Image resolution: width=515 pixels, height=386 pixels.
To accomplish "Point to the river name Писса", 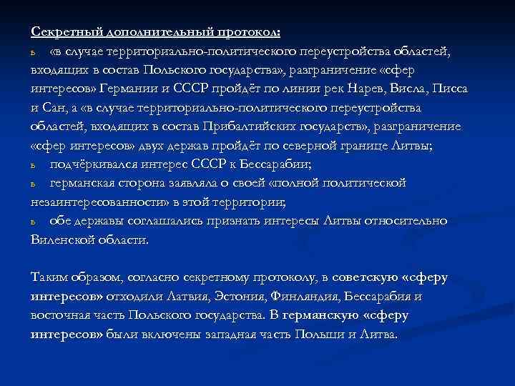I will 450,89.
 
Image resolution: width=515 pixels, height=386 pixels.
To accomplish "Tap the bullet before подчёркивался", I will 34,165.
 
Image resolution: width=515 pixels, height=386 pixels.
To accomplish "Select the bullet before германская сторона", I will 34,184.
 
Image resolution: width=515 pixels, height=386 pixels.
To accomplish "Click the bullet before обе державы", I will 34,222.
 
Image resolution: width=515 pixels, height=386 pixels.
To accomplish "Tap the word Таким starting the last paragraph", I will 49,277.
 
